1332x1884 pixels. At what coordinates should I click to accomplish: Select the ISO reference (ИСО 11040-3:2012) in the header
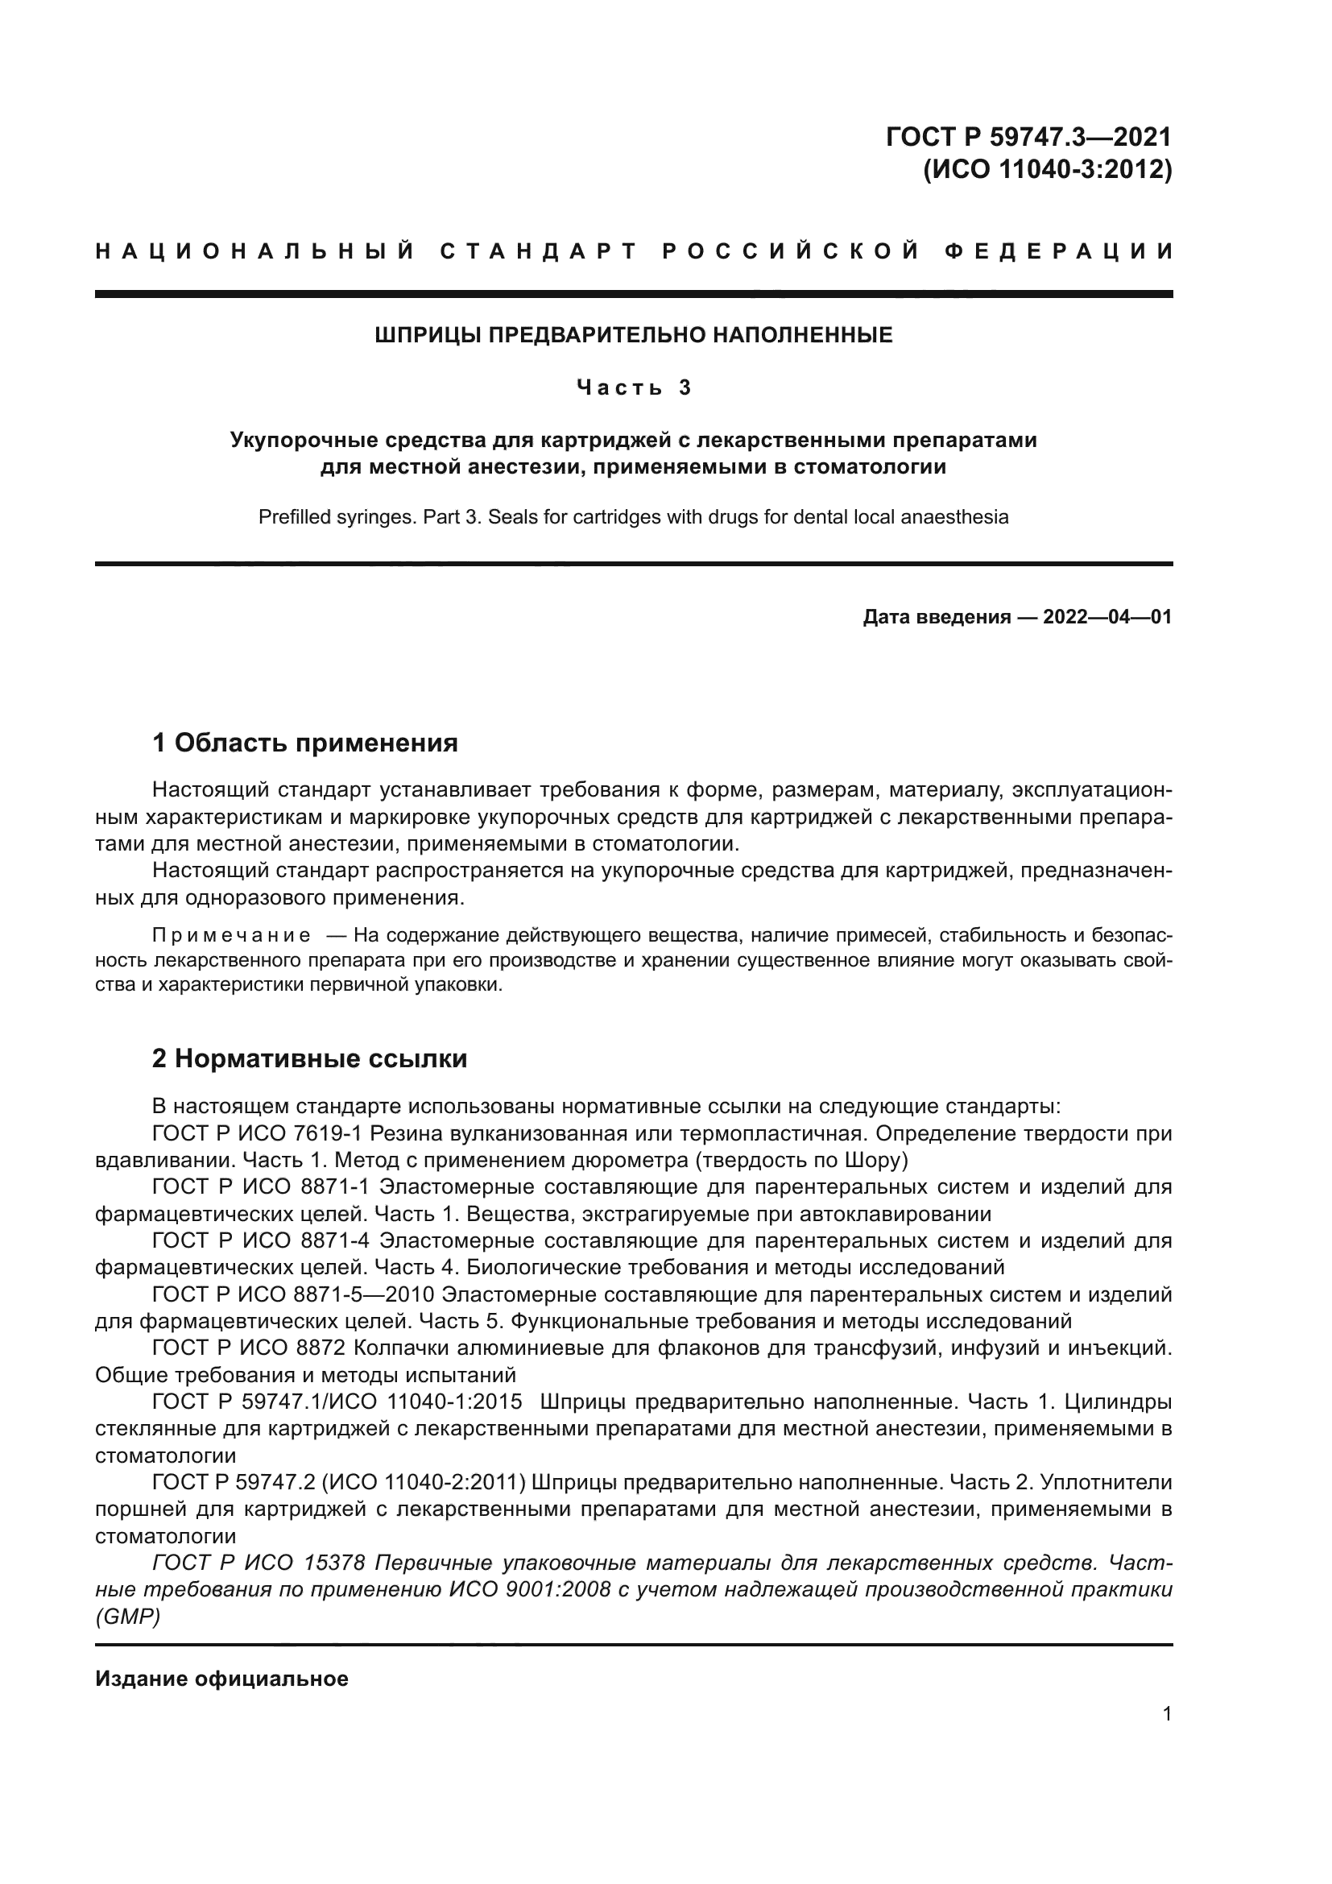[x=1048, y=170]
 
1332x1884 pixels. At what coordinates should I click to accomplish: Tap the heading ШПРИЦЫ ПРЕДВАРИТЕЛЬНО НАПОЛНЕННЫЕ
[x=633, y=335]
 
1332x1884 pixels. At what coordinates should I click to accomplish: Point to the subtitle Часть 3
[x=634, y=387]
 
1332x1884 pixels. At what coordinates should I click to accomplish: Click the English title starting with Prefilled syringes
[x=633, y=517]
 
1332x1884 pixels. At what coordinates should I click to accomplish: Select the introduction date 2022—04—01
[x=1107, y=617]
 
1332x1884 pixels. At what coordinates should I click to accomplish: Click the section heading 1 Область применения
[x=304, y=743]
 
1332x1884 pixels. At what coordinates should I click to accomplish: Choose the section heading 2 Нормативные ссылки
[x=309, y=1059]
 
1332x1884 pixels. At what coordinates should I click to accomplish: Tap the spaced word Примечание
[x=231, y=935]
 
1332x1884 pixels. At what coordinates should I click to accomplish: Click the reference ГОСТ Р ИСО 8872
[x=252, y=1348]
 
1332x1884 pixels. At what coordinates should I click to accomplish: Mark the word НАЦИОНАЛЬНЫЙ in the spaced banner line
[x=255, y=251]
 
